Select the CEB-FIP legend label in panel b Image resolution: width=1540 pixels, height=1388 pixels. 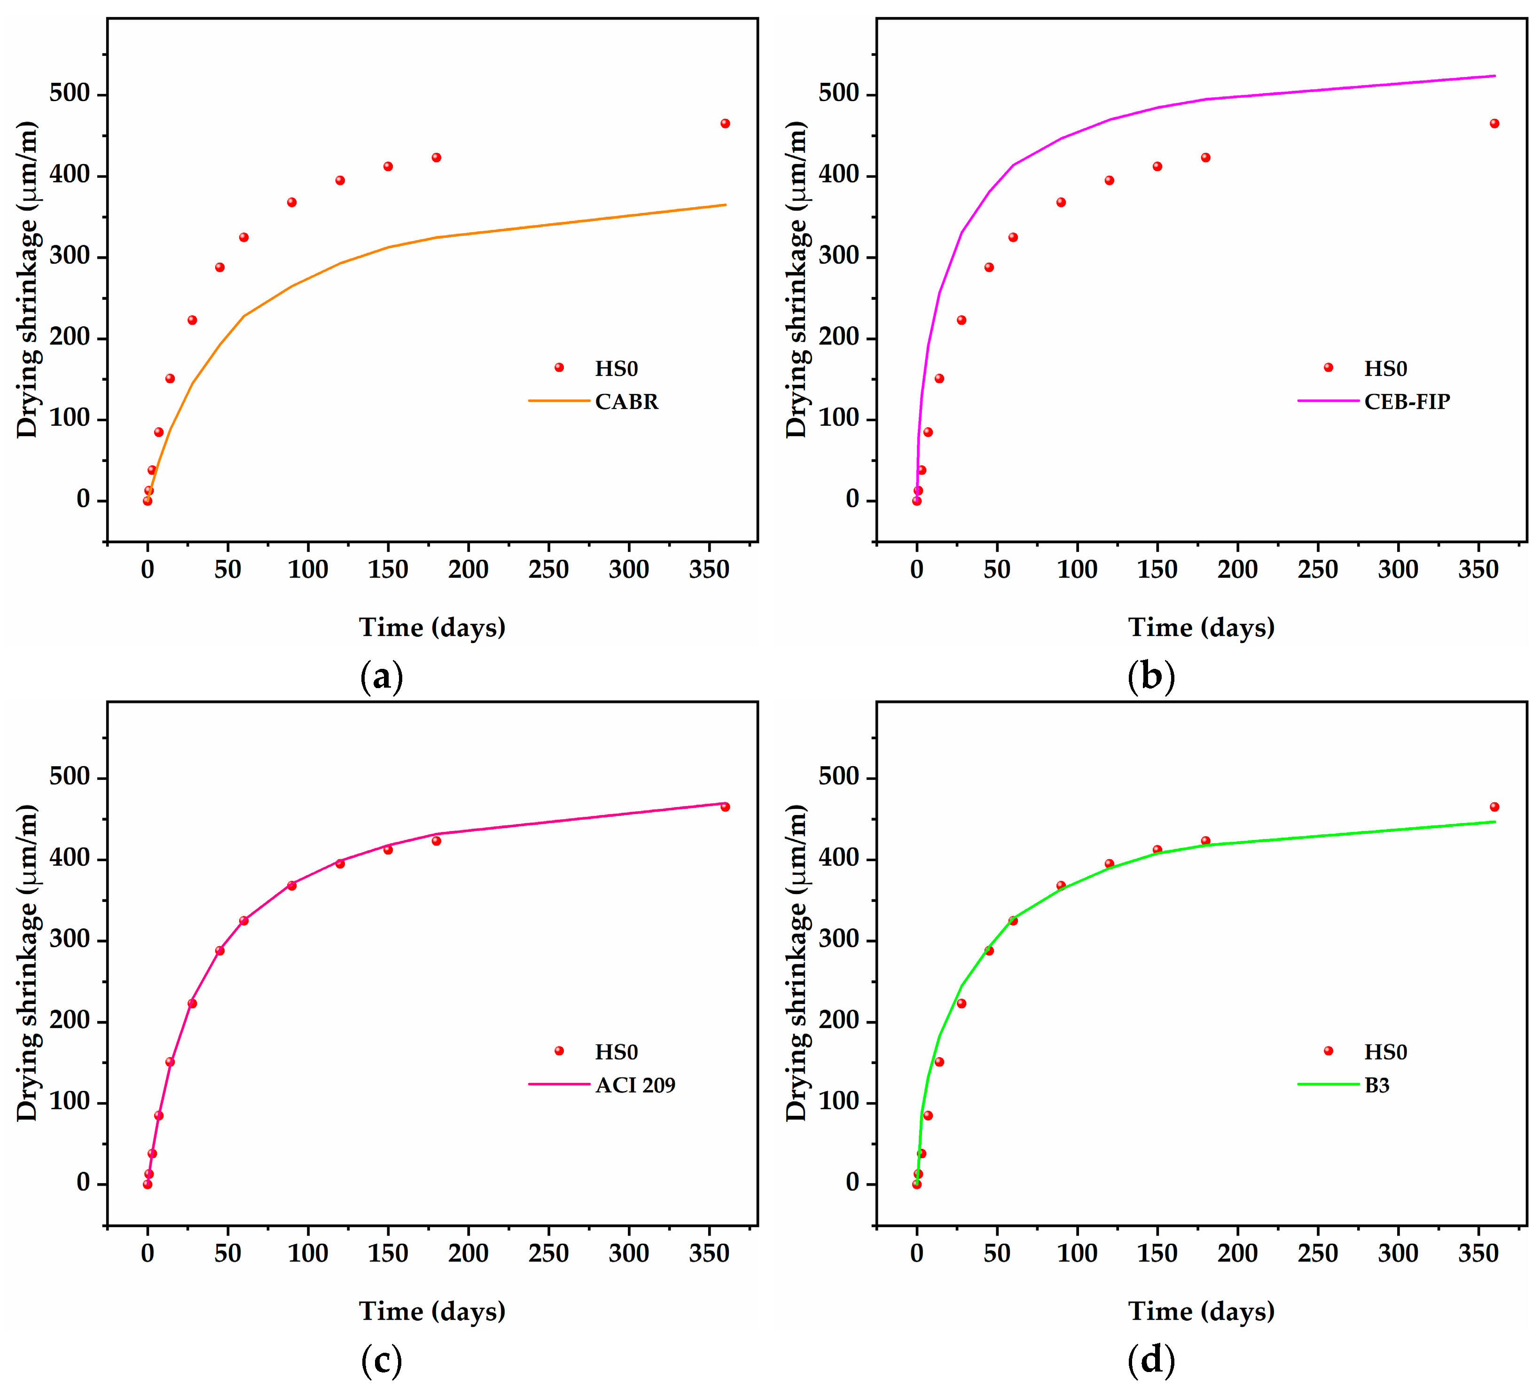[x=1407, y=402]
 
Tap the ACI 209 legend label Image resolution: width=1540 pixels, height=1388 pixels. [x=635, y=1085]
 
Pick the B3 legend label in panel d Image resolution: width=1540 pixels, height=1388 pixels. [x=1377, y=1085]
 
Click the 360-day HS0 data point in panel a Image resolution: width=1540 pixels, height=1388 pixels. [x=725, y=124]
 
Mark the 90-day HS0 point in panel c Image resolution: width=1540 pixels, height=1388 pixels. [x=292, y=886]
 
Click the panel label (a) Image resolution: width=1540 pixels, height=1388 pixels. [x=381, y=677]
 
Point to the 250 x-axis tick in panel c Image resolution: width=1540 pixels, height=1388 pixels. [x=548, y=1253]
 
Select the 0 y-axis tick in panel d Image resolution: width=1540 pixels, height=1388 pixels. [x=852, y=1183]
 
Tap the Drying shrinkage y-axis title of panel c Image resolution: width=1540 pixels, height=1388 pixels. [x=27, y=963]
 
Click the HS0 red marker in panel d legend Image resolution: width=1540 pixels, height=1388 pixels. [x=1328, y=1051]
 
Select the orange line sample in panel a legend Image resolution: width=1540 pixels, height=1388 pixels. [x=559, y=400]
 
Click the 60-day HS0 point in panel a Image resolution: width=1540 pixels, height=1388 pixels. [x=244, y=237]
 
